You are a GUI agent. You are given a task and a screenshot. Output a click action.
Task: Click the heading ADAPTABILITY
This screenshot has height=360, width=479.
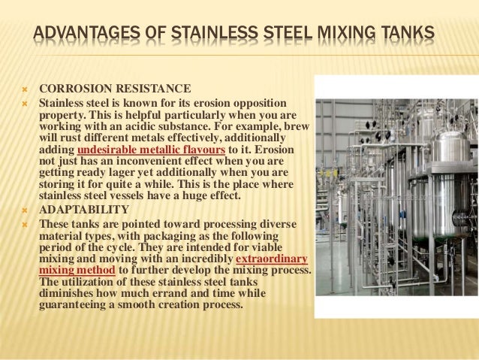[x=84, y=209]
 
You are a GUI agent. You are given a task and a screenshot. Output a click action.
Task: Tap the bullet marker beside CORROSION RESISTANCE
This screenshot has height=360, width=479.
[x=23, y=86]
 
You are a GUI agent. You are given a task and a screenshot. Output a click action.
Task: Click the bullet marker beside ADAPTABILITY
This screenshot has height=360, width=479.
[x=23, y=209]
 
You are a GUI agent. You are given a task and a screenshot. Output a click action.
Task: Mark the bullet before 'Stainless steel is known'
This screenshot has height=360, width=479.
[x=23, y=101]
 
